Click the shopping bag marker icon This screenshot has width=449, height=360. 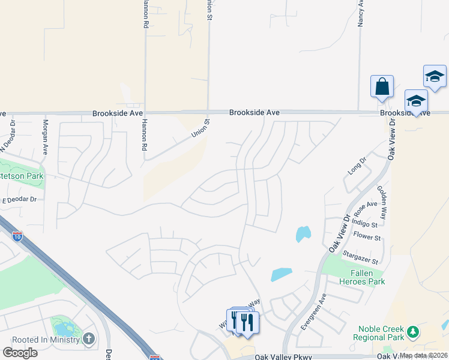pyautogui.click(x=382, y=87)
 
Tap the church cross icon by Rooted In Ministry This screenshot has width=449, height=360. pyautogui.click(x=89, y=339)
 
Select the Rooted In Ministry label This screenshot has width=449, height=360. pyautogui.click(x=41, y=339)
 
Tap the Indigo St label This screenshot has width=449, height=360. pyautogui.click(x=365, y=225)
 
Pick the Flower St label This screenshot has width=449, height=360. pyautogui.click(x=367, y=238)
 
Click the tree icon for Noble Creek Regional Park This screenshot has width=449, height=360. pyautogui.click(x=412, y=331)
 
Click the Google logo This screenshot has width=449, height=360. pyautogui.click(x=20, y=353)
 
